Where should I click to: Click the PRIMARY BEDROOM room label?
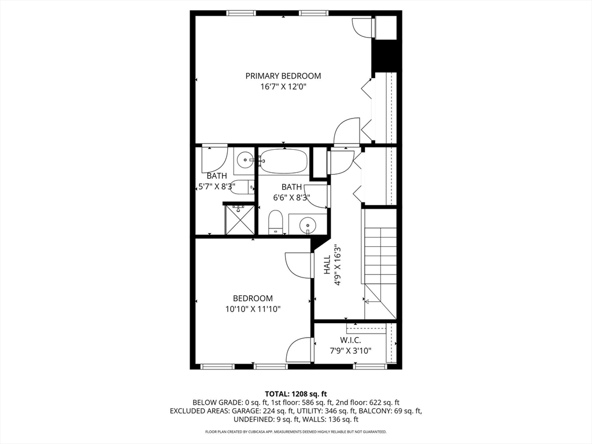[283, 76]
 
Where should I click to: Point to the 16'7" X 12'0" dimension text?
[283, 87]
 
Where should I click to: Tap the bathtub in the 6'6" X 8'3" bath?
[283, 161]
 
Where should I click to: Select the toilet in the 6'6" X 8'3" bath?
[276, 222]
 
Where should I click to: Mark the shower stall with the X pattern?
[239, 220]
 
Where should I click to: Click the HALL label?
[327, 265]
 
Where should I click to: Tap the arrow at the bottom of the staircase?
[367, 301]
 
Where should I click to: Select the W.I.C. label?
[351, 340]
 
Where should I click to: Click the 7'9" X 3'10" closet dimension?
[351, 350]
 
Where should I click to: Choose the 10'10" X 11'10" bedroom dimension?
[253, 309]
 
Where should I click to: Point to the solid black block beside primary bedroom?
[385, 56]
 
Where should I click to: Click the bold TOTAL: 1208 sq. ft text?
[295, 394]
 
